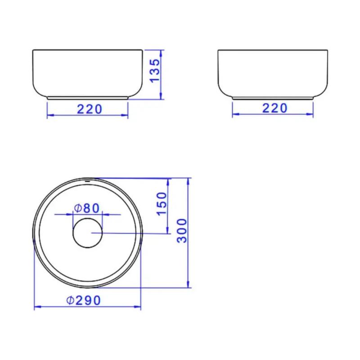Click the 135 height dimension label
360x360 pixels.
[x=154, y=70]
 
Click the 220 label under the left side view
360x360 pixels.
[x=89, y=109]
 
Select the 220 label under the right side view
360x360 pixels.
[x=274, y=108]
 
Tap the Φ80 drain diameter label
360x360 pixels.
[x=87, y=208]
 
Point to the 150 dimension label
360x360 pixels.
[x=162, y=204]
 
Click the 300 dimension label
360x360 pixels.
[x=182, y=230]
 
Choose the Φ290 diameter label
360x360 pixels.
[x=84, y=300]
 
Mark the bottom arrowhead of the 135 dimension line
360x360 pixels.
[x=161, y=96]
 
